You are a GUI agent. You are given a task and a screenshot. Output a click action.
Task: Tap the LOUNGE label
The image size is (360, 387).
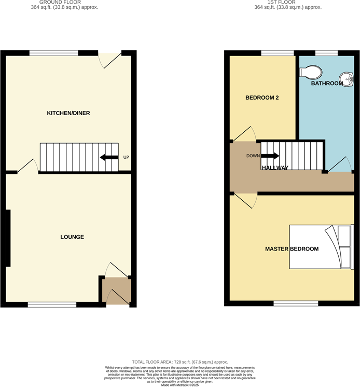tap(72, 237)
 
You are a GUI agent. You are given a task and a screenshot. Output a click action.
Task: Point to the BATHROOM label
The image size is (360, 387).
tap(327, 84)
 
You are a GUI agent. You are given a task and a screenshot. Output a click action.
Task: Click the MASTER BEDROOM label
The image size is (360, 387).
tap(292, 249)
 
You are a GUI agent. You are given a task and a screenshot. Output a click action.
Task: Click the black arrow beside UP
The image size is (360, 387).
tap(109, 157)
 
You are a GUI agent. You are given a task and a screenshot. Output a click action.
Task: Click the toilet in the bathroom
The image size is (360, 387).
tap(311, 71)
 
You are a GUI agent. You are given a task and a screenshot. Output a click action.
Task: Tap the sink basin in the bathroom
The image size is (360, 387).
tap(349, 79)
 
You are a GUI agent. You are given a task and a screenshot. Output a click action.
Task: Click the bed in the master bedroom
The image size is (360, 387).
tap(321, 247)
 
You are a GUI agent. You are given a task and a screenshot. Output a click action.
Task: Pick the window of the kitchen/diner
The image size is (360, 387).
tap(53, 52)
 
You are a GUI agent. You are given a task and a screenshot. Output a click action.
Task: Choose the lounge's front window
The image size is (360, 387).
tap(52, 305)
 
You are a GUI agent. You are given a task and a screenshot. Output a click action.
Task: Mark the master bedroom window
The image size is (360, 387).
tap(296, 304)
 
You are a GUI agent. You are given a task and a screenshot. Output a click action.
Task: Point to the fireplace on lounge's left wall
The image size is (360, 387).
tap(7, 238)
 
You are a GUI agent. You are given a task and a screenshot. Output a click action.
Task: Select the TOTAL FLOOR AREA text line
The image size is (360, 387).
tap(180, 362)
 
